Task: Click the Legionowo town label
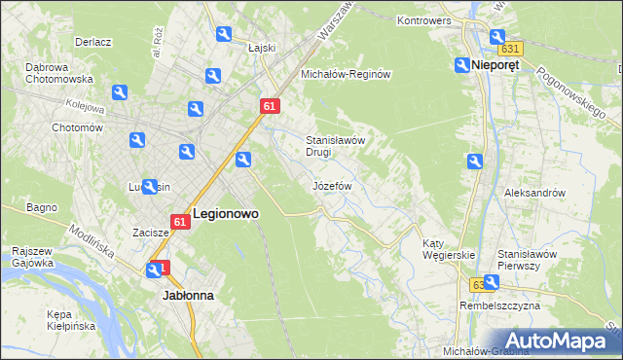click(x=227, y=213)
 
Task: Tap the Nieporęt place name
click(x=494, y=65)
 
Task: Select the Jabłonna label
click(x=187, y=294)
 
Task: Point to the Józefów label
click(x=332, y=185)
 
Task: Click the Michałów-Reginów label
click(x=346, y=74)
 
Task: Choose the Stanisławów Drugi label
click(x=335, y=146)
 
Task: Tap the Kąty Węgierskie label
click(x=448, y=249)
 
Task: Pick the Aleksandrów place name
click(x=534, y=193)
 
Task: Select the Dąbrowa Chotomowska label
click(x=59, y=73)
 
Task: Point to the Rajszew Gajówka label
click(x=32, y=256)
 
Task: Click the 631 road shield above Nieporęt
click(x=509, y=48)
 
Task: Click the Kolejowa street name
click(x=84, y=101)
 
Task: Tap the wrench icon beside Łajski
click(x=224, y=35)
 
